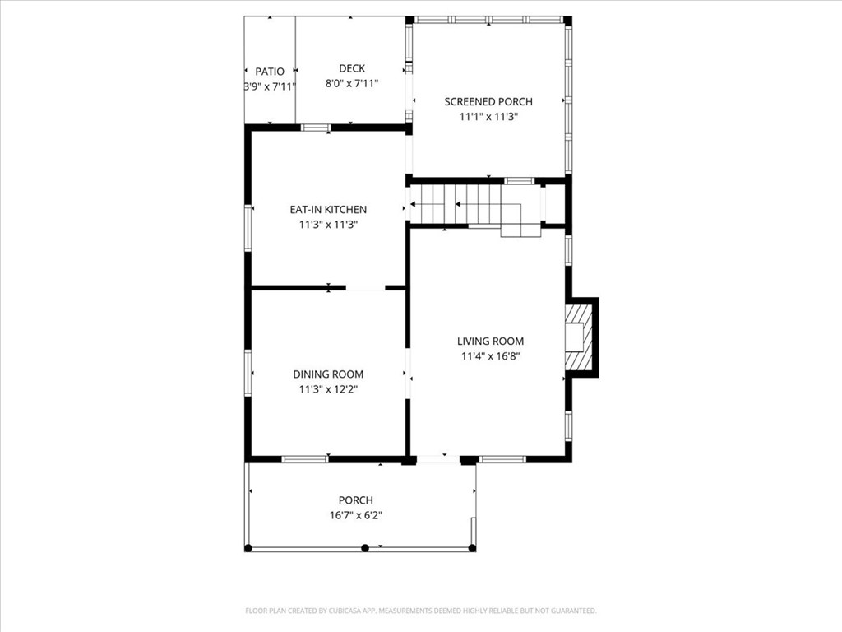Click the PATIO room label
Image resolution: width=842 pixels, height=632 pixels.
click(269, 72)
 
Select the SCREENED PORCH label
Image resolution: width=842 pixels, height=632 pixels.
click(488, 101)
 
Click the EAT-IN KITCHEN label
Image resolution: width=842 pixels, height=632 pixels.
click(328, 209)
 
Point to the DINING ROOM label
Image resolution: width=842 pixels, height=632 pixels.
click(328, 374)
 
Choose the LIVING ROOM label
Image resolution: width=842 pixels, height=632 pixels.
click(490, 341)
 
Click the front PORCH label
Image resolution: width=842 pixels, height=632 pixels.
click(355, 500)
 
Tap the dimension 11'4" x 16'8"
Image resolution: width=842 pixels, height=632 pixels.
click(490, 356)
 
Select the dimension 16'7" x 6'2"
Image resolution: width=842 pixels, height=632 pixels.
click(355, 515)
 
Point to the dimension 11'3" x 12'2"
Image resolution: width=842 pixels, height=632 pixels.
click(328, 389)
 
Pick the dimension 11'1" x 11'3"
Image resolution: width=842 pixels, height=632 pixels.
click(488, 117)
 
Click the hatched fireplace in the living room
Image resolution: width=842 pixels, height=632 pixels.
click(581, 337)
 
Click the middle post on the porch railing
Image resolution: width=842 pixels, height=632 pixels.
click(364, 547)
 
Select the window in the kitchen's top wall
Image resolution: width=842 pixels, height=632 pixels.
click(316, 128)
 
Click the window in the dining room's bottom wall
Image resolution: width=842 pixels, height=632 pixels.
click(305, 459)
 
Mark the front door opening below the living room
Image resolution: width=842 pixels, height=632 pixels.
click(437, 459)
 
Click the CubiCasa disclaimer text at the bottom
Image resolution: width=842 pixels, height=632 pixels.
click(420, 611)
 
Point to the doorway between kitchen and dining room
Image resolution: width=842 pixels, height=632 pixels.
click(365, 288)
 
